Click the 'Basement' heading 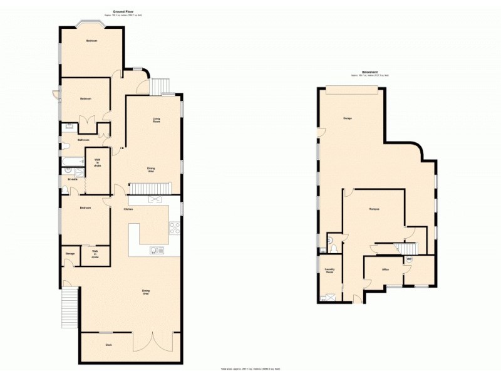point(369,72)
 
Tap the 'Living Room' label point(157,120)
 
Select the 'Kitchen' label point(128,209)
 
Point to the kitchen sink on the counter point(157,250)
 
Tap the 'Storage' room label point(70,254)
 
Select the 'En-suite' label point(72,180)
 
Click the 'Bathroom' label point(83,140)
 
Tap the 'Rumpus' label point(375,208)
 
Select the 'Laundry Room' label point(330,271)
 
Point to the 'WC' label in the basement point(409,259)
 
